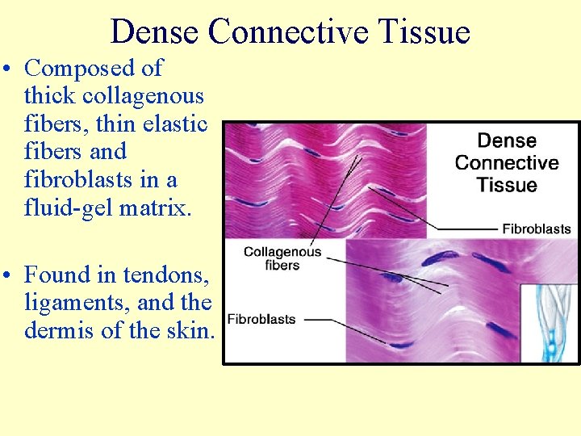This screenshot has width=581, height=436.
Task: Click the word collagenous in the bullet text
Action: pos(142,96)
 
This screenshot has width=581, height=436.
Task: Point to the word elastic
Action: pos(175,124)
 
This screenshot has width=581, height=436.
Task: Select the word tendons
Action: pos(165,275)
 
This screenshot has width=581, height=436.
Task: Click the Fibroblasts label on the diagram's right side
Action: pos(536,229)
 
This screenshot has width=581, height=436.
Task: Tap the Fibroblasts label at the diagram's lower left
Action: pos(261,320)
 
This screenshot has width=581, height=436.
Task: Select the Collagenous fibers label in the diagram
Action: pos(282,258)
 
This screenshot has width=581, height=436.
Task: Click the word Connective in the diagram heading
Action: pos(507,162)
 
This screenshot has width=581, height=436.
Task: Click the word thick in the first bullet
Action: pos(46,96)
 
